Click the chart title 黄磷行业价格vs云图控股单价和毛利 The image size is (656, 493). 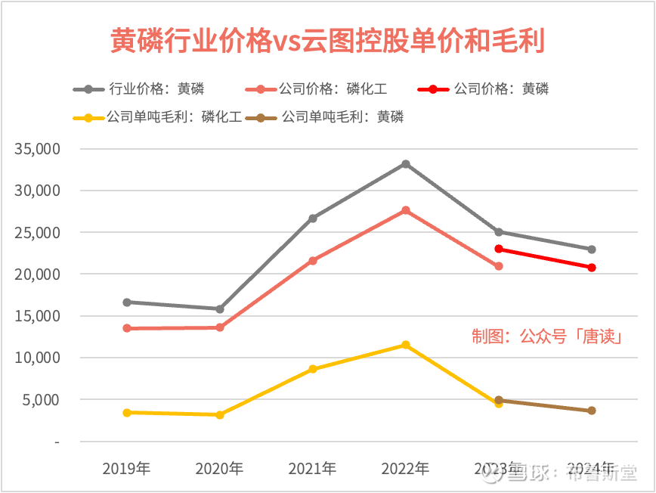coord(327,41)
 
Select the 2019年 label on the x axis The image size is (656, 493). coord(127,469)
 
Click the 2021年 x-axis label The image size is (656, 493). coord(312,469)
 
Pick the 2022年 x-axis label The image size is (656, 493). coord(405,469)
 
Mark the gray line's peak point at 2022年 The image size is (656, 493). coord(406,164)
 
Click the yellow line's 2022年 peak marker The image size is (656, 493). coord(406,345)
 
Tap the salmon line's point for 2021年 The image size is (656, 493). coord(313,261)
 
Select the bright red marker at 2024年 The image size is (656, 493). coord(592,268)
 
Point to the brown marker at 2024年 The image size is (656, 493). coord(592,411)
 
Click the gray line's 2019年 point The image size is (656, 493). coord(127,302)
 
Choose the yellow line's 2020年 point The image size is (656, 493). coord(220,415)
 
